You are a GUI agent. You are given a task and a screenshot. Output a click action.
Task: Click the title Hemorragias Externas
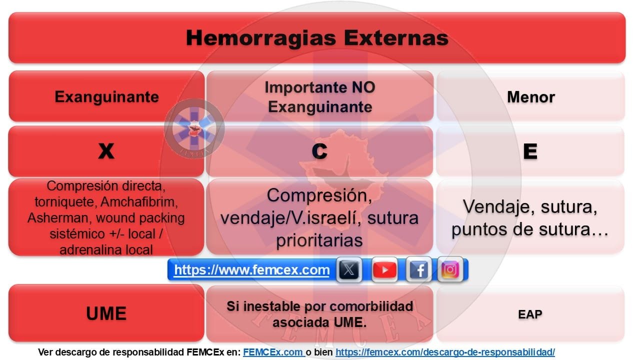point(317,38)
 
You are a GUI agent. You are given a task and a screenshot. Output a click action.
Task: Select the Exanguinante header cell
point(106,96)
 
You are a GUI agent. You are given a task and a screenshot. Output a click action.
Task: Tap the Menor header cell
point(530,96)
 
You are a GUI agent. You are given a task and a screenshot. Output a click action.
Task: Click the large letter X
point(106,151)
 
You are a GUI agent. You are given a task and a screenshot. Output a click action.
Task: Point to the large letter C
point(319,151)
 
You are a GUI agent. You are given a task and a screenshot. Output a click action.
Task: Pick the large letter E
point(530,151)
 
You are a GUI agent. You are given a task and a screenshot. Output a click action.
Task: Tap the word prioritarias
point(319,240)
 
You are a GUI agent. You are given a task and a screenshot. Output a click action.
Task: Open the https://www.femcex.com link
point(251,270)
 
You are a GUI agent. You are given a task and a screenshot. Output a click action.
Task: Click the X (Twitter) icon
point(349,270)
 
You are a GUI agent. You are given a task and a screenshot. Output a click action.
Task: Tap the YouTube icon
point(384,270)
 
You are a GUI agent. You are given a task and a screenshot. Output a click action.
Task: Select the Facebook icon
point(419,270)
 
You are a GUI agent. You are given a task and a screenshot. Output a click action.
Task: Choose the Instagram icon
point(450,270)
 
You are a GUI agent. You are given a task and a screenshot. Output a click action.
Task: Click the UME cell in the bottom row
point(106,313)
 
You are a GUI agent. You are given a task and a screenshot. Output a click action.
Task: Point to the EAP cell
point(530,314)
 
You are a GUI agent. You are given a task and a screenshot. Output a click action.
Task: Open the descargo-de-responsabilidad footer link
point(445,352)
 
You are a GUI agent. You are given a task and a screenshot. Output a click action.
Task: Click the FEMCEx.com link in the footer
point(273,352)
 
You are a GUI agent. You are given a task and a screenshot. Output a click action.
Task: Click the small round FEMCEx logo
point(194,128)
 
